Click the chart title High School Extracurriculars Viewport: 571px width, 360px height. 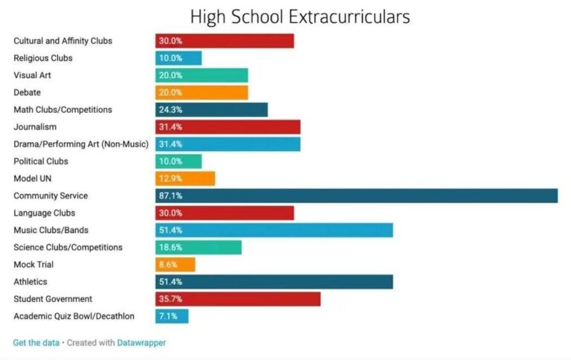(300, 16)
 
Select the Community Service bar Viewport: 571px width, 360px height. (356, 196)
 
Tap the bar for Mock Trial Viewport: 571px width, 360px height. (175, 264)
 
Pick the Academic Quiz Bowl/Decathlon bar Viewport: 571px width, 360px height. (172, 316)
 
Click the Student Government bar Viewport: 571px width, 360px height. (238, 299)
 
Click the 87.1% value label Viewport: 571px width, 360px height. (170, 196)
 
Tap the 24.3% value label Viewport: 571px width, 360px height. (170, 109)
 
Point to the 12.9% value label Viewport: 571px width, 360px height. (170, 179)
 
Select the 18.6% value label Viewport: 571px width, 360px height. (170, 247)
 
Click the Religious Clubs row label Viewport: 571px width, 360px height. (43, 58)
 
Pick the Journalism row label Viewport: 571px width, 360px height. (35, 126)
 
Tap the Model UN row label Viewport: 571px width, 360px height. (33, 179)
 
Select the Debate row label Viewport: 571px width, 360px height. (27, 92)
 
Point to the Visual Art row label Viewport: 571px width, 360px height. (32, 75)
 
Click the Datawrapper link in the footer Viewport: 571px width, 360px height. (141, 343)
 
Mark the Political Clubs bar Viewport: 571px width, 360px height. (178, 161)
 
